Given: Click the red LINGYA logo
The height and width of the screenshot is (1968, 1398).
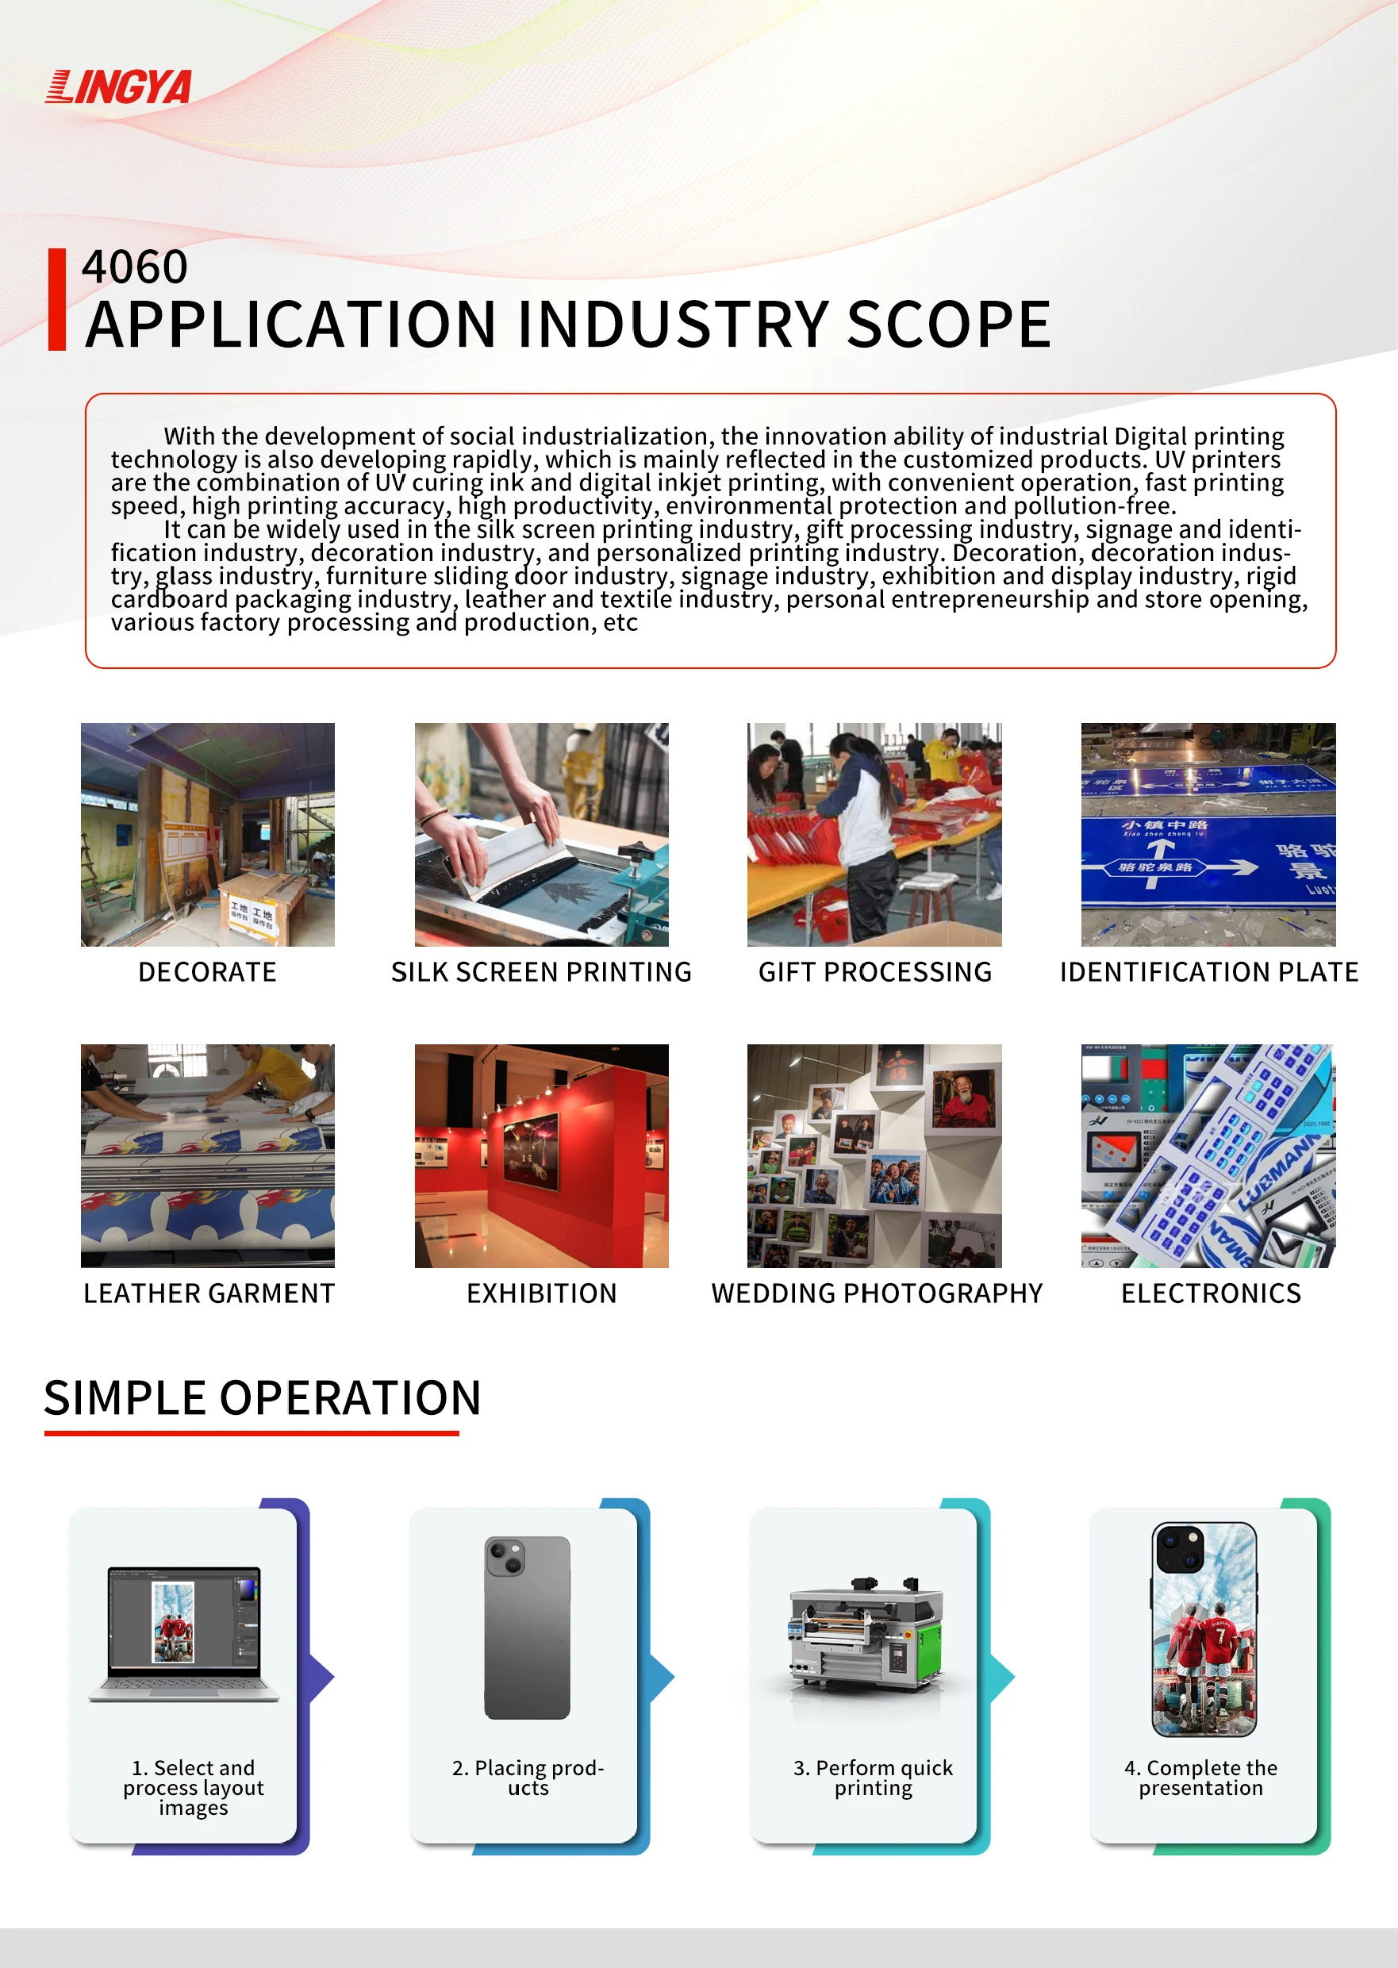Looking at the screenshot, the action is pos(119,87).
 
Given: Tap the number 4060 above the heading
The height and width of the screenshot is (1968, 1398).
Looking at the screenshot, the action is pos(134,266).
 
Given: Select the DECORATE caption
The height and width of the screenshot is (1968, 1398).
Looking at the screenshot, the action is pos(207,972).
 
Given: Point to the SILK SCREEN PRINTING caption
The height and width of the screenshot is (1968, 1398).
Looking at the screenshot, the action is pos(540,972).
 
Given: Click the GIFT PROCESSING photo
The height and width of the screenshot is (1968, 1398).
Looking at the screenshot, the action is pos(874,834).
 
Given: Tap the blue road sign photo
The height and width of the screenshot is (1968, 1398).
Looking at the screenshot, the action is pos(1208,834).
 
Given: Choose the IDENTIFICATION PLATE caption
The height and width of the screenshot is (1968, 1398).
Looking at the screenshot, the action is pos(1208,972).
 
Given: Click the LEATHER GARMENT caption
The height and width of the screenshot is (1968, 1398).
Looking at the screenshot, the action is pos(209,1293).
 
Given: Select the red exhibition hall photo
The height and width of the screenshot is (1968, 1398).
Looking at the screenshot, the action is pos(540,1155).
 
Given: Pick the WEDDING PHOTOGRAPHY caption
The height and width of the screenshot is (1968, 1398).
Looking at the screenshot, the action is pos(877,1293).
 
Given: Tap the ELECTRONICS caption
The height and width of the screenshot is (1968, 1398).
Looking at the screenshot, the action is pos(1210,1293).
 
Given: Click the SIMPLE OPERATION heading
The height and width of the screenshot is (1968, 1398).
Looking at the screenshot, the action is pos(262,1397).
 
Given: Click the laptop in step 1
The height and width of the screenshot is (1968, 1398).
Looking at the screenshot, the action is pos(183,1633).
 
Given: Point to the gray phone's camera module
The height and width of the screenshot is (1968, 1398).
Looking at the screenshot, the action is pos(505,1558).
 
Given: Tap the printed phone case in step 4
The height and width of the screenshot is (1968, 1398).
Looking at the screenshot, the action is pos(1204,1629).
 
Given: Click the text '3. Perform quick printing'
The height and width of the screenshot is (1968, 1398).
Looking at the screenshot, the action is pos(873,1777).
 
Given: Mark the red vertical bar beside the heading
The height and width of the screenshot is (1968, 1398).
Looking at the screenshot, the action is pos(57,300).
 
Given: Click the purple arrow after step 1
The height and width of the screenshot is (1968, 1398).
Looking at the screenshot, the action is pos(321,1676).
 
